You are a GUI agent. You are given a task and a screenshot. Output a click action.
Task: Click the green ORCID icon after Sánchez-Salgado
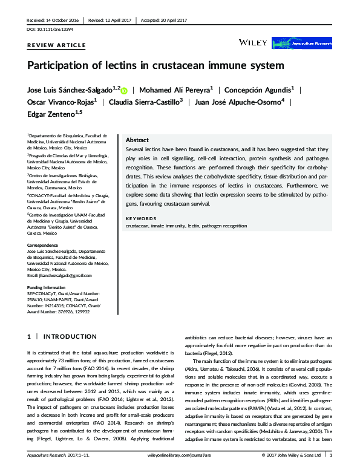124,90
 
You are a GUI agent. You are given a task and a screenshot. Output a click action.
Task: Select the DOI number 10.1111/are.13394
56,28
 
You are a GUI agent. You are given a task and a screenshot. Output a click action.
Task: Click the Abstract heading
138,140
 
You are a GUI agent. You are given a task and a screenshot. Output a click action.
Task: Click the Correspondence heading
45,245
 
